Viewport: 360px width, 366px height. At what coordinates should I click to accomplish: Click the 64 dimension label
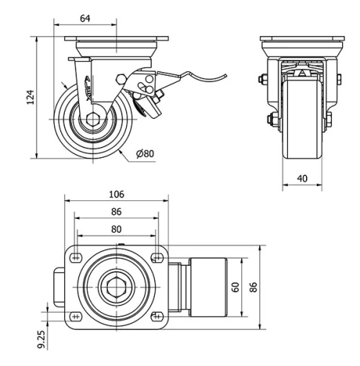click(x=84, y=17)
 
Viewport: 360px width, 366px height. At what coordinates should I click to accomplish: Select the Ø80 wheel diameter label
click(x=145, y=153)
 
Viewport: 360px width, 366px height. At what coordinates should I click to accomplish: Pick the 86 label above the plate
click(x=116, y=213)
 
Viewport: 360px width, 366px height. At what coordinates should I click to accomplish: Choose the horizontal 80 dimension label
click(x=116, y=230)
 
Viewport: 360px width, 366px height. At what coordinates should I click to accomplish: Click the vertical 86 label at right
click(x=253, y=287)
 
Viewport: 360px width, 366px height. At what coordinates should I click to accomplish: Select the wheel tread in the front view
click(x=300, y=122)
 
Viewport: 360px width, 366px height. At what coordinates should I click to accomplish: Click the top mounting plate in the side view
click(x=116, y=40)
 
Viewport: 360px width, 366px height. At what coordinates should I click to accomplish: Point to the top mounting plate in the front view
click(x=300, y=40)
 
